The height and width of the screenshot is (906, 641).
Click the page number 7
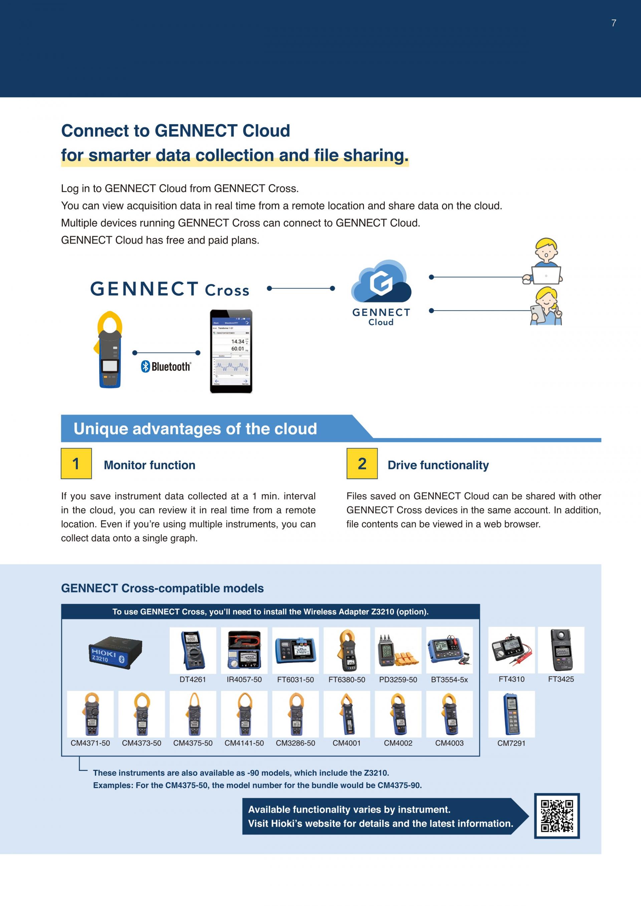point(613,23)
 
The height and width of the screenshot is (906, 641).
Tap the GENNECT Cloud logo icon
point(381,281)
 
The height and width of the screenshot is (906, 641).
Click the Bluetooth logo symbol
point(146,367)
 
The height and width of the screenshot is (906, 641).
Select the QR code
point(557,816)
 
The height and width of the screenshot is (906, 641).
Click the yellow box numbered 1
point(76,463)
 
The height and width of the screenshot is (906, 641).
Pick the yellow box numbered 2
point(362,463)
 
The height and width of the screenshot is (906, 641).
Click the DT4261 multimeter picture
point(193,650)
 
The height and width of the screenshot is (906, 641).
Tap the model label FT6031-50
point(295,679)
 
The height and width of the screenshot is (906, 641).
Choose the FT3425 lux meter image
point(561,650)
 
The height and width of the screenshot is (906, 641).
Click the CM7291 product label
point(511,743)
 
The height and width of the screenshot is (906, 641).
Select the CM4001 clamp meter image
point(347,714)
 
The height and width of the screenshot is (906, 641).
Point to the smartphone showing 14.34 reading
point(231,351)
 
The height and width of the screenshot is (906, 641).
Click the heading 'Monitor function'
point(149,465)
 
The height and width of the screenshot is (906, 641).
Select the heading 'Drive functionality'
point(438,465)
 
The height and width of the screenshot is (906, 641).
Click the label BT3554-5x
point(449,679)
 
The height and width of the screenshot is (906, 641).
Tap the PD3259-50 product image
point(398,650)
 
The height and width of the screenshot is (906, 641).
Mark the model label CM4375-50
point(193,743)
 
